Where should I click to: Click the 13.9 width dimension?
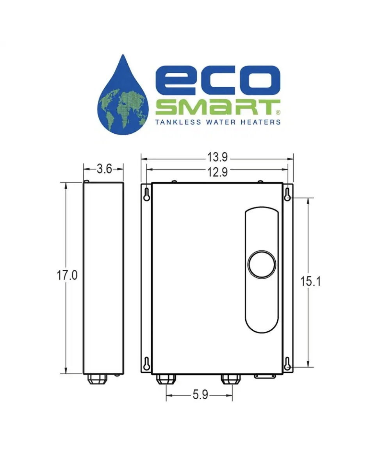pos(218,157)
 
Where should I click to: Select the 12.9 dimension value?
pos(218,172)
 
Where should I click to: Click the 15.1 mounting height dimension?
pos(310,281)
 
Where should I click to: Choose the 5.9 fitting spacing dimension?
pos(200,395)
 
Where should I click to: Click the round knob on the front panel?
pos(262,264)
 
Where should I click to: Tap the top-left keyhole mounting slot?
pos(146,195)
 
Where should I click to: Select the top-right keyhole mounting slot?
pos(287,195)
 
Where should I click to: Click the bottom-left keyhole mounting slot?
pos(146,364)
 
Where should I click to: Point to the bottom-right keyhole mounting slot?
pos(287,364)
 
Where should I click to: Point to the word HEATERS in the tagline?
pos(262,122)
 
